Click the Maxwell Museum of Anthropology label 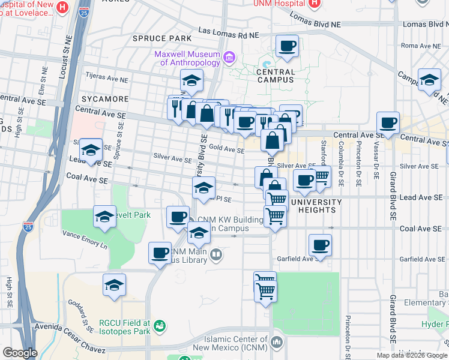187,58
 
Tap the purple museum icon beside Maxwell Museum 229,58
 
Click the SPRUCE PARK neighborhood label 162,38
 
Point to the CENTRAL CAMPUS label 276,76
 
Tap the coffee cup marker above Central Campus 287,46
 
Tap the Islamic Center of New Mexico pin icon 277,343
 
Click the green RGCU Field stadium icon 160,326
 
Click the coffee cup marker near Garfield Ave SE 319,245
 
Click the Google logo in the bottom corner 20,353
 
